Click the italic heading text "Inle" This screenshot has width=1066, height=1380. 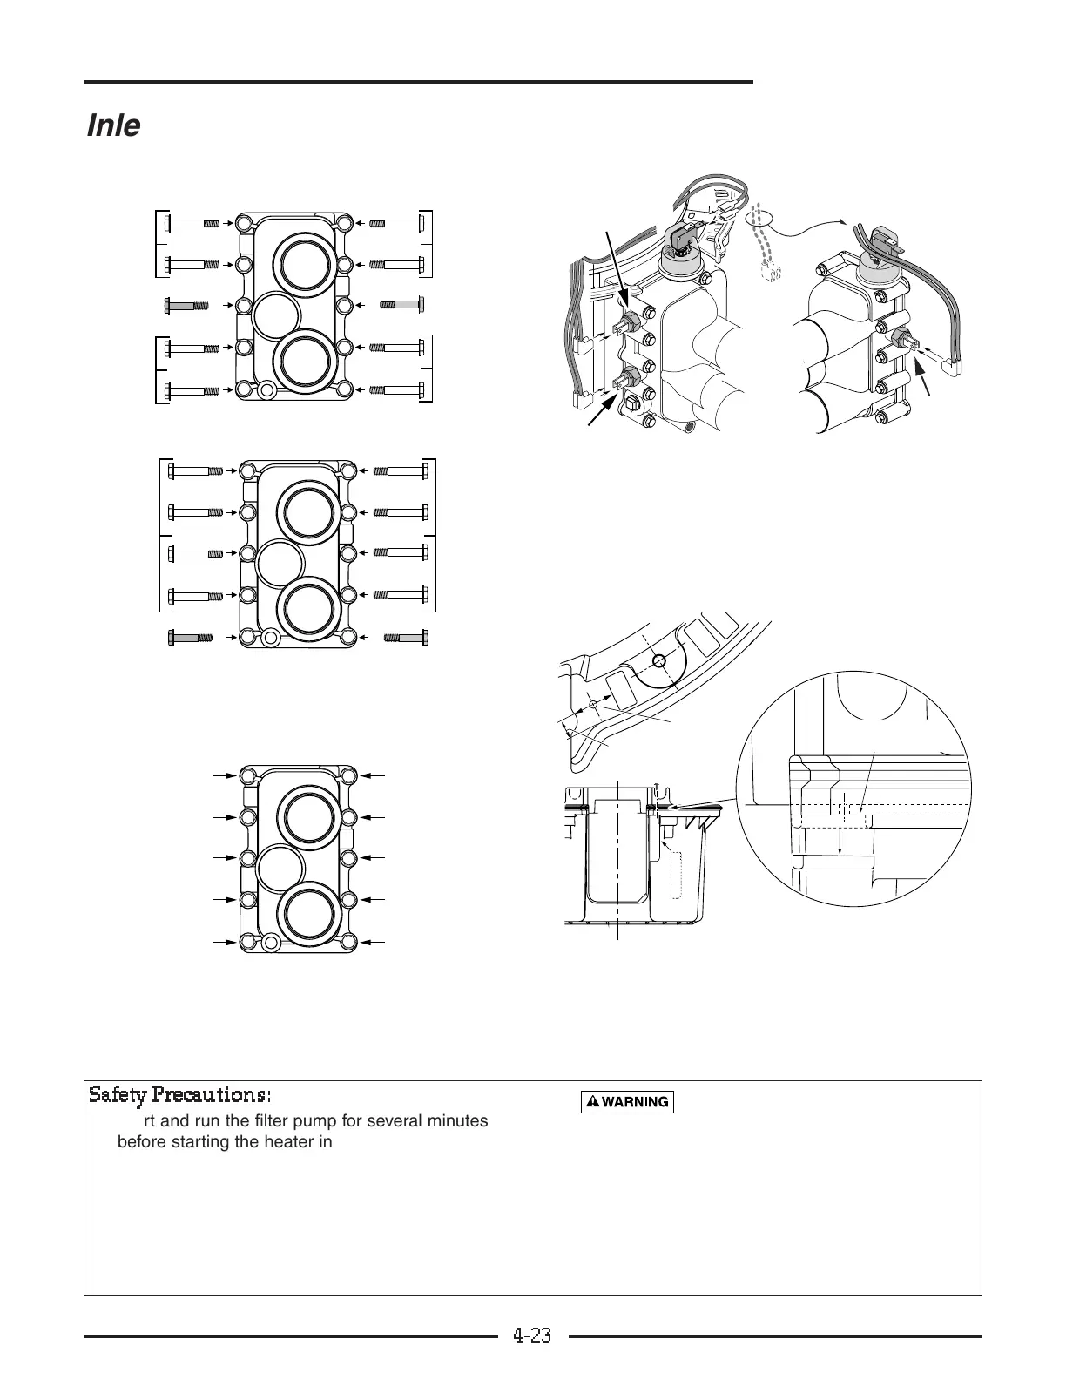[113, 126]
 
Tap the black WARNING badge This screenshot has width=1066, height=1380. [627, 1102]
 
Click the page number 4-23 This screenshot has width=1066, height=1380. [532, 1336]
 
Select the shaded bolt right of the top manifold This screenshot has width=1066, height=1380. [402, 305]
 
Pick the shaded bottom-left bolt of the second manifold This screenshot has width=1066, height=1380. [190, 638]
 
